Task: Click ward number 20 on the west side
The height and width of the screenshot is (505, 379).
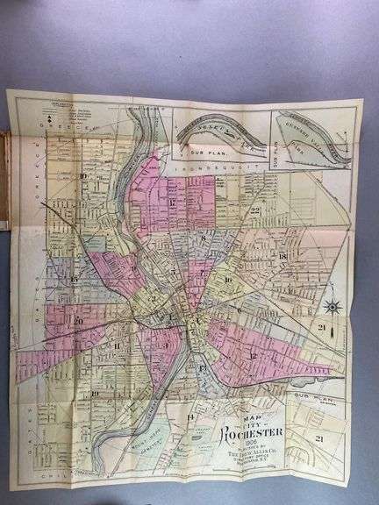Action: coord(79,321)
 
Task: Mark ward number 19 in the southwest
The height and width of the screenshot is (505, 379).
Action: coord(94,394)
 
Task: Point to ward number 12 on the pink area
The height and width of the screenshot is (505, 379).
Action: coord(253,355)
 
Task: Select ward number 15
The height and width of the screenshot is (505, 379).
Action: coord(75,278)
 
